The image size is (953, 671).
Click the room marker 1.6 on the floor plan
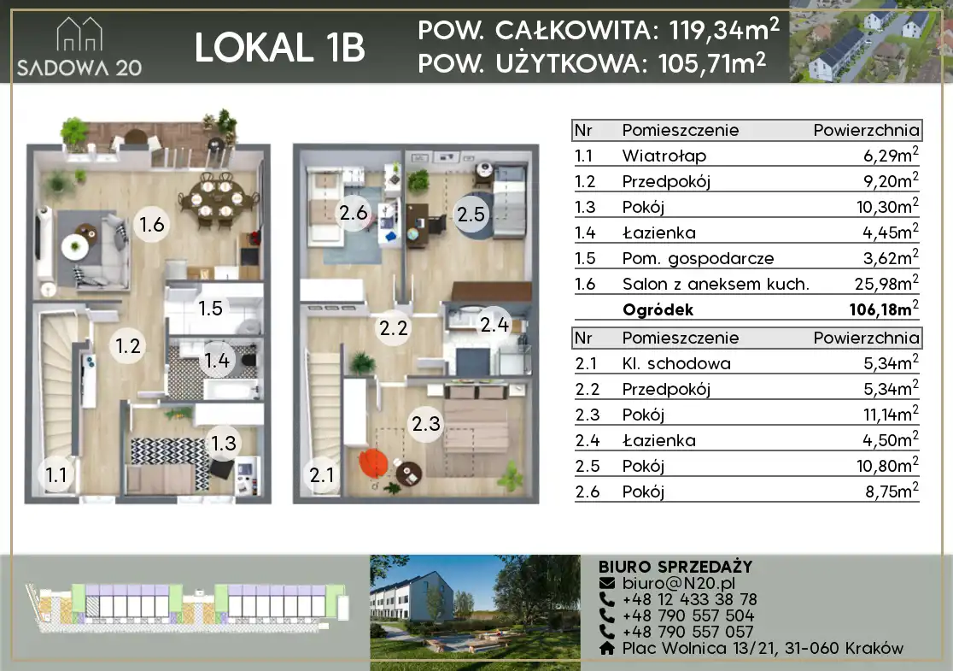click(x=151, y=225)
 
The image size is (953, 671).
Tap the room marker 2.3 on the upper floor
click(x=425, y=423)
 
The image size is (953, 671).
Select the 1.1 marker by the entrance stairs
click(x=56, y=474)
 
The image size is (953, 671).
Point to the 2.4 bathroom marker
click(x=494, y=325)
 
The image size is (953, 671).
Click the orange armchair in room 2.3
click(x=373, y=462)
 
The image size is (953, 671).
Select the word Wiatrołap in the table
click(x=664, y=156)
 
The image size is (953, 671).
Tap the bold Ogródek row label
click(x=658, y=309)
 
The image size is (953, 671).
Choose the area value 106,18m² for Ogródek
click(x=884, y=309)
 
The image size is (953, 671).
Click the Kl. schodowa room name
click(x=675, y=363)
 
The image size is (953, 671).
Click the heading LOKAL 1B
click(x=279, y=48)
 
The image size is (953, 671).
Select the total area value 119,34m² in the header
click(x=724, y=29)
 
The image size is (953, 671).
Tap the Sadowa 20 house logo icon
click(x=79, y=34)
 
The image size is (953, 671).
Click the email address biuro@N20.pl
click(x=678, y=583)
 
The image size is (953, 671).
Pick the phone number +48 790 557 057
click(x=687, y=632)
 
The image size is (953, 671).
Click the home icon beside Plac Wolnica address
click(x=606, y=649)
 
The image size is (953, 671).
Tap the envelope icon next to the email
click(x=606, y=583)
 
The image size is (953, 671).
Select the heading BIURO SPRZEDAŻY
click(x=675, y=567)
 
